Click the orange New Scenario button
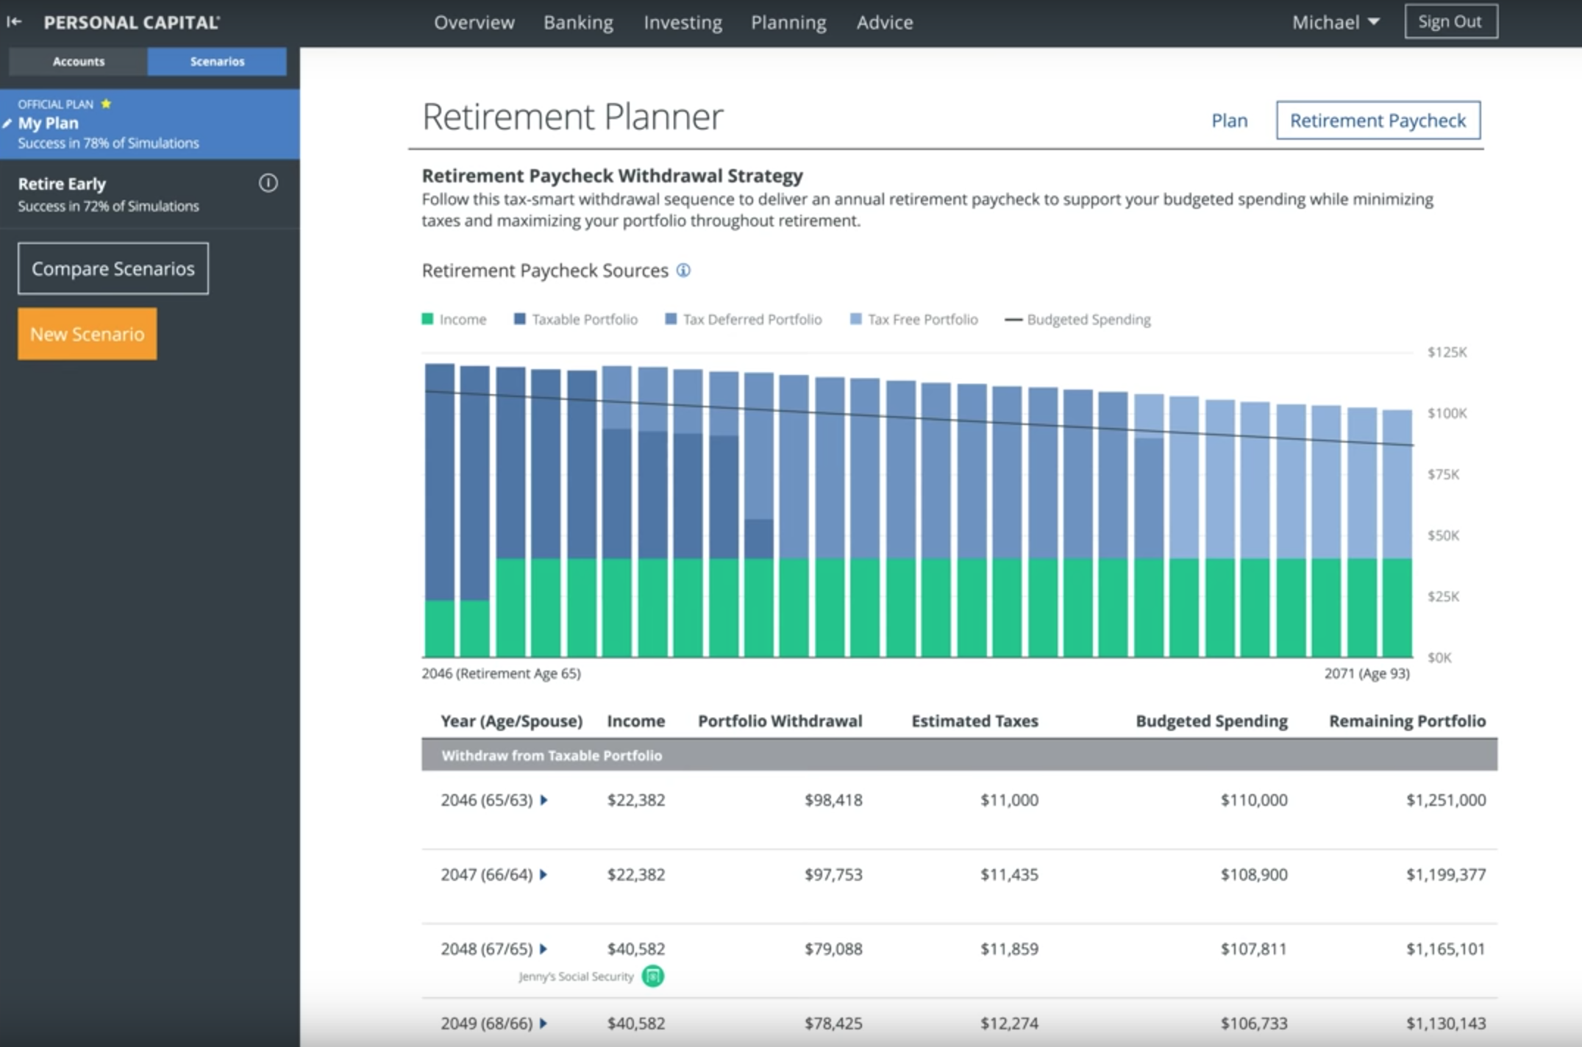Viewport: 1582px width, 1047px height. (x=87, y=334)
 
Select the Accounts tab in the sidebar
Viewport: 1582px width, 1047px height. (x=78, y=62)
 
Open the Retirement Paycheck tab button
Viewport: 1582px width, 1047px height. (x=1378, y=121)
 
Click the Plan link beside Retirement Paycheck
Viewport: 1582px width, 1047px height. (x=1229, y=121)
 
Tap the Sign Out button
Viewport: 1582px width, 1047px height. (x=1450, y=22)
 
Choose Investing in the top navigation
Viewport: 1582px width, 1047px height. (x=683, y=23)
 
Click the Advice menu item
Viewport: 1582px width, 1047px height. (x=884, y=23)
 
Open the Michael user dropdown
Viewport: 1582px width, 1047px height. (x=1335, y=23)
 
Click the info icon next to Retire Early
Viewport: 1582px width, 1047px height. (x=268, y=183)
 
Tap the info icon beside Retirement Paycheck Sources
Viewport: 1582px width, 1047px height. (x=683, y=271)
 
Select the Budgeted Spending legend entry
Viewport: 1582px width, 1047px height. (x=1078, y=320)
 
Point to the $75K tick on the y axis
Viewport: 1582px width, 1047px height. (x=1443, y=474)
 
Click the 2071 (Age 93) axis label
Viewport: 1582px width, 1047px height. (x=1367, y=673)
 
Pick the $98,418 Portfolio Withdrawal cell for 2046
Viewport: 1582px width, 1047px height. (x=833, y=800)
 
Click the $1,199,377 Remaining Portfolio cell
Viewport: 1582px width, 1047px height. (x=1445, y=874)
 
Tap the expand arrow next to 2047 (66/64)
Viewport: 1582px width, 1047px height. (x=544, y=874)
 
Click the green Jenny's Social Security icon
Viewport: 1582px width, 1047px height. (x=652, y=976)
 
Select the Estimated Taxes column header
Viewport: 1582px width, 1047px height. (x=975, y=721)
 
